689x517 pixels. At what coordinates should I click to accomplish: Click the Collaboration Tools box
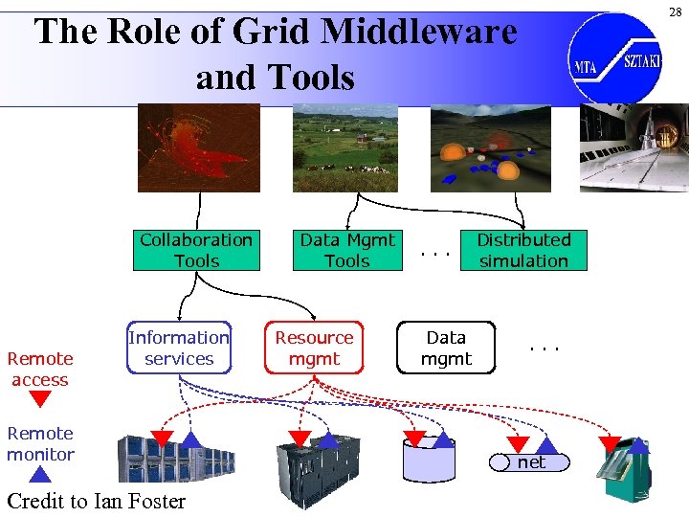click(x=196, y=250)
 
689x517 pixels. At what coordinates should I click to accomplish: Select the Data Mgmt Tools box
click(x=347, y=250)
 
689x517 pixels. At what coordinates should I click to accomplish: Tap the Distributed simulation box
click(x=523, y=250)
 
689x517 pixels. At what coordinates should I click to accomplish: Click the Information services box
click(x=179, y=348)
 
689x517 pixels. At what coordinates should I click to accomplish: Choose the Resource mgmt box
click(x=314, y=348)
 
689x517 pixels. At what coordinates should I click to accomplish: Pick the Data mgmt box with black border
click(x=446, y=348)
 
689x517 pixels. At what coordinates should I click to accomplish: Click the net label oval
click(x=530, y=462)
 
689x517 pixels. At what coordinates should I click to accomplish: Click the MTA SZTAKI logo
click(x=613, y=56)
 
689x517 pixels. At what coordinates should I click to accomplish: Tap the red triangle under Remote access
click(x=39, y=399)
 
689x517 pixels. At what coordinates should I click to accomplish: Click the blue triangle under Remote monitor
click(x=39, y=473)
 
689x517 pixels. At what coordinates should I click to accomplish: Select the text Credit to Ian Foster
click(x=96, y=501)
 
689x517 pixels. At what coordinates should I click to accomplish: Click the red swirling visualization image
click(x=198, y=146)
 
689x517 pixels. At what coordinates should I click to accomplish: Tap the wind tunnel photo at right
click(x=633, y=146)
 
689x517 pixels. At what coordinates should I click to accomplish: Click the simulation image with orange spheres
click(x=491, y=146)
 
